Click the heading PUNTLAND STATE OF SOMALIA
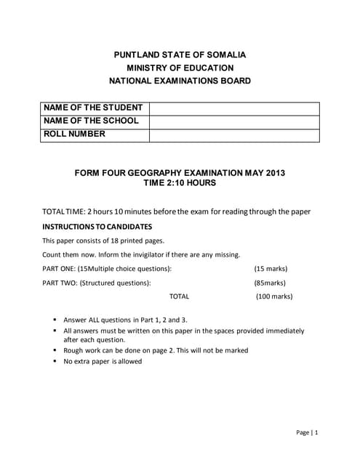pos(180,54)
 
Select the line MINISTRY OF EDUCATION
pos(180,68)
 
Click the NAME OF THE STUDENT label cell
pos(95,108)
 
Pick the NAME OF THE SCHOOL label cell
pos(95,121)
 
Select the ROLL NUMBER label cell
pos(95,134)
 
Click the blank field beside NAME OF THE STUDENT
pos(234,108)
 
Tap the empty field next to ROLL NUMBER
pos(234,135)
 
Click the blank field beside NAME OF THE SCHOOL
pos(234,121)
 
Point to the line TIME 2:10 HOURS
pos(180,183)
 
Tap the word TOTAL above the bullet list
pos(179,296)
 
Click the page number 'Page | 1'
pos(307,432)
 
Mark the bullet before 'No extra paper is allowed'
pos(55,361)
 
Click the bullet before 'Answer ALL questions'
pos(55,320)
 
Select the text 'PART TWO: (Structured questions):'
pos(97,283)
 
